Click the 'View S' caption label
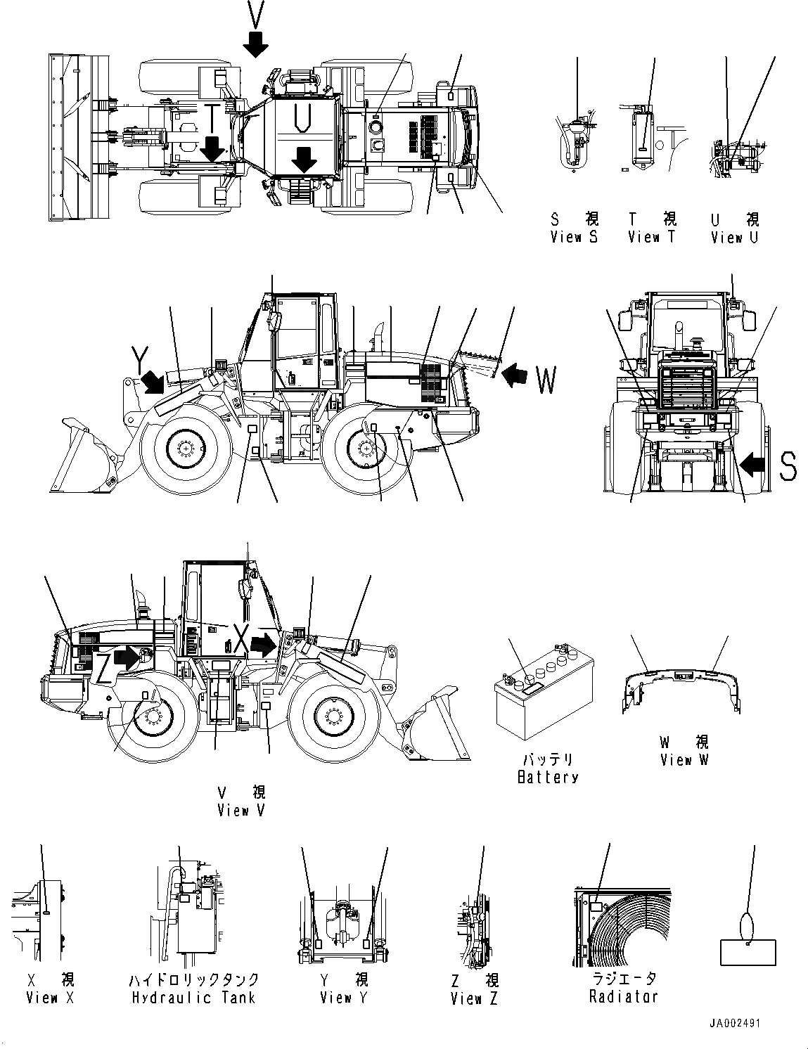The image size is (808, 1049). [574, 237]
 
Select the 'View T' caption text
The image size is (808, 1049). [651, 237]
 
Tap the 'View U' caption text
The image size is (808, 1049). [734, 237]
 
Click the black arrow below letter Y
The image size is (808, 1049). [154, 382]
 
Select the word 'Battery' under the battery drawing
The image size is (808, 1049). [547, 777]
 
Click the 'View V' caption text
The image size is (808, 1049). [242, 810]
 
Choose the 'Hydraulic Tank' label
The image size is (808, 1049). [193, 997]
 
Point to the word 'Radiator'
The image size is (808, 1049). [623, 996]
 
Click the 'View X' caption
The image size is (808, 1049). [49, 997]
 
